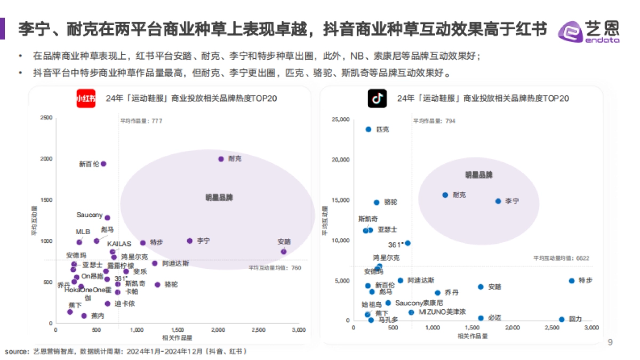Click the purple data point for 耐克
(221, 159)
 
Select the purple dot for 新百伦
(103, 164)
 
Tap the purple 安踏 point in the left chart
(284, 251)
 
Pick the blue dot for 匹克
(369, 129)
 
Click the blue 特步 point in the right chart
(571, 281)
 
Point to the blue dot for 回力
(562, 319)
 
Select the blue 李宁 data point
(498, 201)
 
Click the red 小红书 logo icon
(86, 98)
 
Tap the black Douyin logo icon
(377, 98)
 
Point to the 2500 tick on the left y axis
(46, 118)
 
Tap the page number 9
(610, 342)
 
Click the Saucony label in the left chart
(89, 215)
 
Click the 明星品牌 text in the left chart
(219, 197)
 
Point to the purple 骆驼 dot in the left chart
(157, 284)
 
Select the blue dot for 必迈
(481, 318)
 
